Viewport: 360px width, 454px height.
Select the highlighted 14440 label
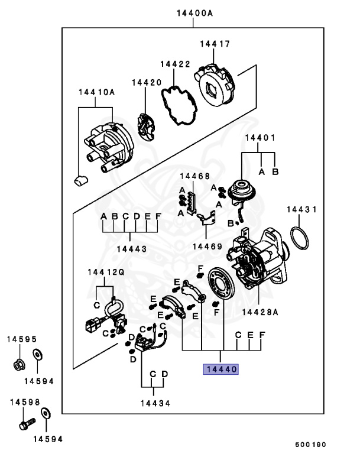tap(220, 369)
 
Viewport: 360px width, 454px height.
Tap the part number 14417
tap(215, 44)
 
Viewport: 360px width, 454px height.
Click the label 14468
tap(194, 176)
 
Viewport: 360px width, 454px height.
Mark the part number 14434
tap(155, 403)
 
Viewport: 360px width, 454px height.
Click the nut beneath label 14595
tap(18, 364)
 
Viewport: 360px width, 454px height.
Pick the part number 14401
tap(261, 138)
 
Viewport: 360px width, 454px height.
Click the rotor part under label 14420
tap(145, 125)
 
